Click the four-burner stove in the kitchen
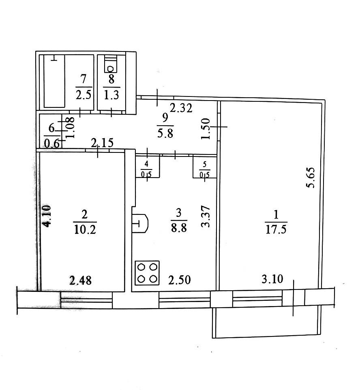click(x=147, y=273)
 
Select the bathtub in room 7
click(x=54, y=81)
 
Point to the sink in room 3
click(x=140, y=223)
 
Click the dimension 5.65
click(x=311, y=178)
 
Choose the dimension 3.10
click(x=272, y=279)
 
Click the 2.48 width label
click(x=80, y=281)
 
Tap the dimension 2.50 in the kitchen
click(x=180, y=280)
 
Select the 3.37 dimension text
click(x=206, y=216)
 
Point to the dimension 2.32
click(x=181, y=108)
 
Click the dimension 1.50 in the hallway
click(x=206, y=129)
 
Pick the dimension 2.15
click(x=102, y=143)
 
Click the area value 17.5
click(x=276, y=229)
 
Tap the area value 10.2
click(x=85, y=229)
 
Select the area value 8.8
click(x=179, y=227)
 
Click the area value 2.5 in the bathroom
click(x=84, y=95)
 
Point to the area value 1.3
click(x=111, y=95)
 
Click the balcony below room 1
click(x=266, y=322)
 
